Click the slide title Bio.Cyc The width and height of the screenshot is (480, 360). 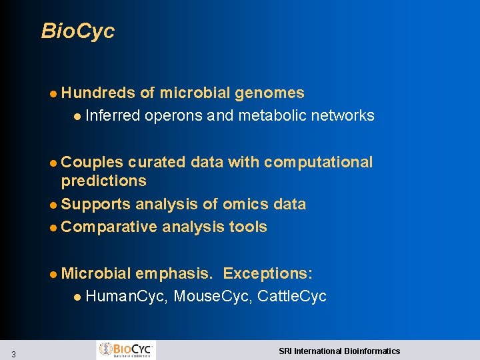click(x=78, y=31)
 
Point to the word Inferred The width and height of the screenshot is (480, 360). click(x=113, y=116)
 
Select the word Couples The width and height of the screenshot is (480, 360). click(x=92, y=163)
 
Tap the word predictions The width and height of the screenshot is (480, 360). click(x=103, y=181)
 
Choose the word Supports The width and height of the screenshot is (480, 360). click(x=96, y=205)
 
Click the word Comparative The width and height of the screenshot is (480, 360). click(x=109, y=227)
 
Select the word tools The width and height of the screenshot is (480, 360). click(x=248, y=227)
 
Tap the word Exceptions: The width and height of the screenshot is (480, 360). click(x=268, y=274)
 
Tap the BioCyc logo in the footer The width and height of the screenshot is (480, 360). click(x=126, y=350)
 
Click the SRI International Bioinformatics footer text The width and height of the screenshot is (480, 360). click(x=339, y=351)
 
